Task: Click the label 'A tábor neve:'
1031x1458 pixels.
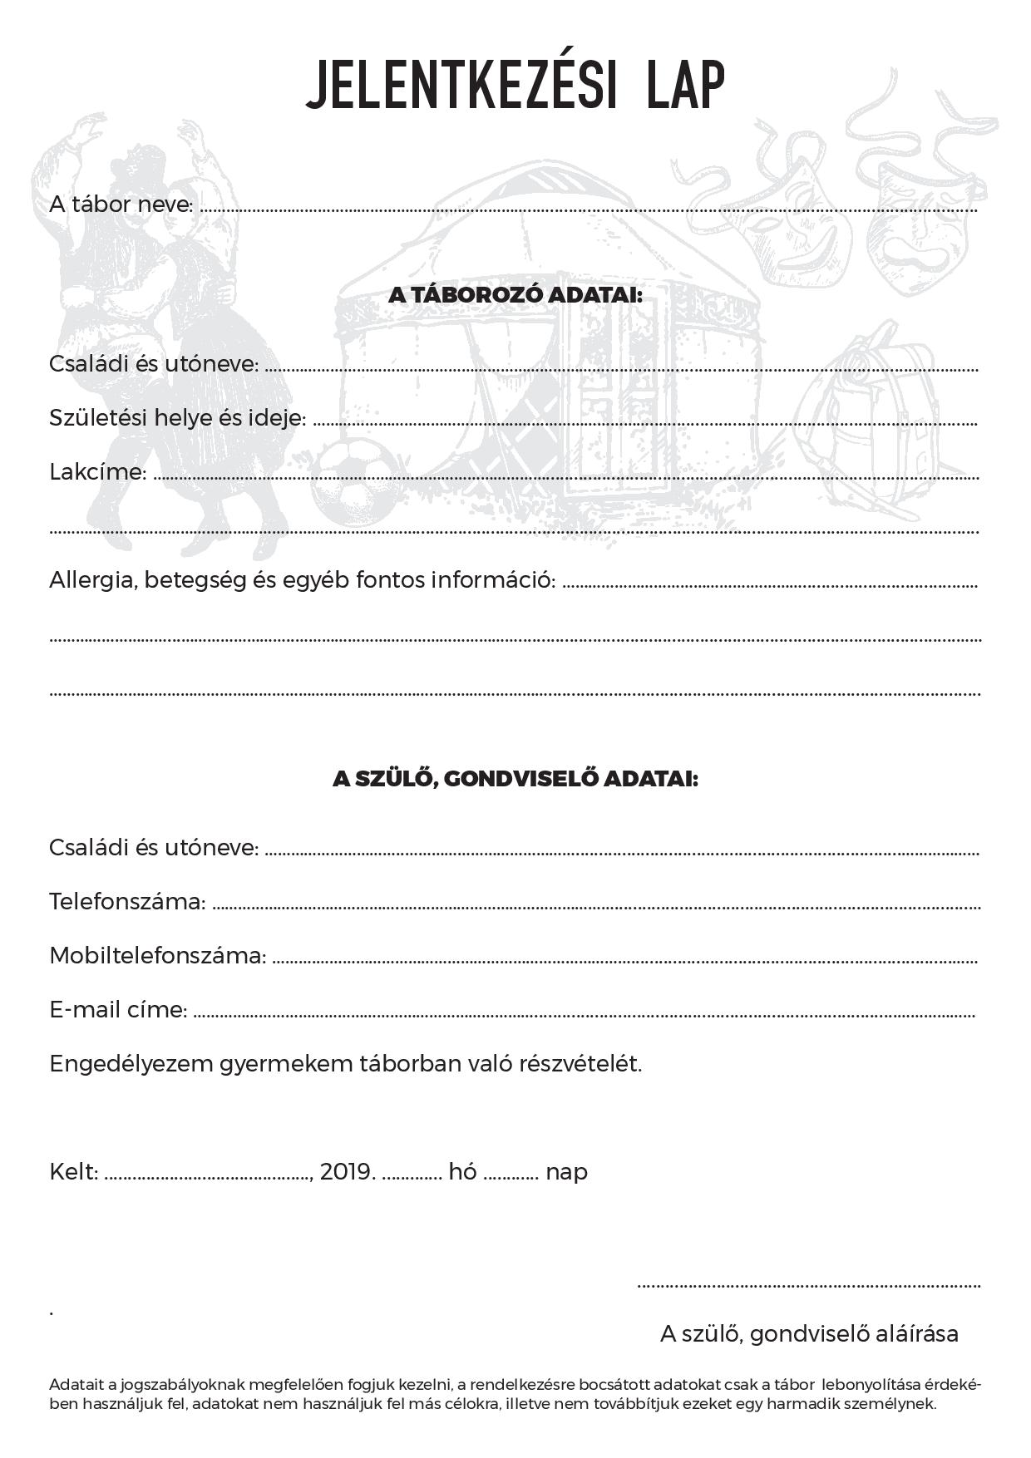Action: click(x=121, y=204)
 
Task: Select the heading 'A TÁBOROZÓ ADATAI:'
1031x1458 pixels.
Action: click(x=515, y=295)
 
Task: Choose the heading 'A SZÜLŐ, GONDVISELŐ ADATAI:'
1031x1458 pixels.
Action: click(x=515, y=779)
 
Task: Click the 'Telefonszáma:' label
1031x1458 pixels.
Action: click(x=127, y=901)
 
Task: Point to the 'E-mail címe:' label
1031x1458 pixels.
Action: click(x=118, y=1009)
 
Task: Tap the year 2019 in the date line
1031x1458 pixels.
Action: click(x=348, y=1172)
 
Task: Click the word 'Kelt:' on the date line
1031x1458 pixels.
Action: click(x=74, y=1172)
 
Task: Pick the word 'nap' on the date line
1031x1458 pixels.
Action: click(x=566, y=1173)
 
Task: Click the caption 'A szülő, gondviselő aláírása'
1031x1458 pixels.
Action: click(x=809, y=1333)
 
